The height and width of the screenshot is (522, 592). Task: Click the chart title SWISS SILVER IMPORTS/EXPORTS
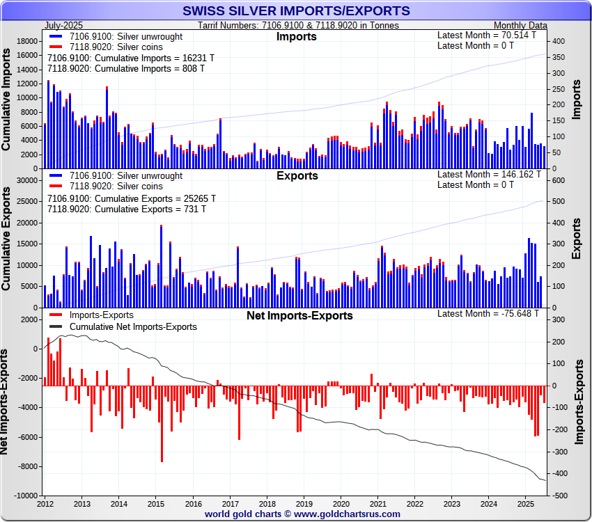[x=296, y=11]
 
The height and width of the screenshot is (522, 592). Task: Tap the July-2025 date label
[x=64, y=25]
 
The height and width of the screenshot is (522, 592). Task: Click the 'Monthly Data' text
[x=520, y=25]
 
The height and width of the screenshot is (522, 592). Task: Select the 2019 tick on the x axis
[x=304, y=503]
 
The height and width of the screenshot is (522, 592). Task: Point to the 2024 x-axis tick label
[x=489, y=503]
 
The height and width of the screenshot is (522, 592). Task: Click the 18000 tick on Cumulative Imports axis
[x=26, y=41]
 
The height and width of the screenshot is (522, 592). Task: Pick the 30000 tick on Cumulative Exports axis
[x=26, y=180]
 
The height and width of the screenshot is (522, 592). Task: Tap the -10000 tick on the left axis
[x=24, y=496]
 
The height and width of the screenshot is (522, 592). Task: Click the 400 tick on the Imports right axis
[x=559, y=41]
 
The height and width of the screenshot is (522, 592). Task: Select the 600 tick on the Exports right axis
[x=559, y=180]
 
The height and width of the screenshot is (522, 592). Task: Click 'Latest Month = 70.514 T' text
[x=487, y=35]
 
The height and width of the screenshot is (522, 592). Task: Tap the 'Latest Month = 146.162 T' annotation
[x=489, y=174]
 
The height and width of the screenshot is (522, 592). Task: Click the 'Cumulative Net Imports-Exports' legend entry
[x=133, y=326]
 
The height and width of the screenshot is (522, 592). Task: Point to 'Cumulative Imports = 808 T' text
[x=126, y=69]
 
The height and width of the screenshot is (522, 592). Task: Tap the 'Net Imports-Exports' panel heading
[x=299, y=315]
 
